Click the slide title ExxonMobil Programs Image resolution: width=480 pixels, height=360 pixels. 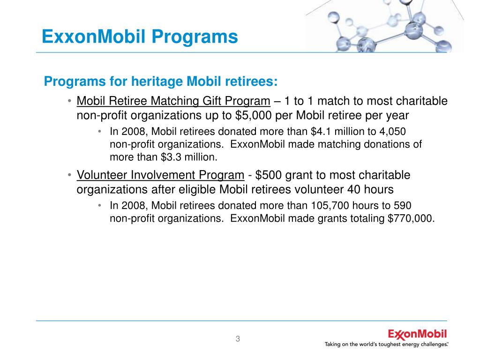tap(140, 37)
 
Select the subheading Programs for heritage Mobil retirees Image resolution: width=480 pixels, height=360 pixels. tap(161, 82)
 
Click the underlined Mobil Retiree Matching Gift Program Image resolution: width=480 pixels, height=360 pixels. tap(173, 101)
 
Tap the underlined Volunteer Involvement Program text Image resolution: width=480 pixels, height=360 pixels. tap(160, 175)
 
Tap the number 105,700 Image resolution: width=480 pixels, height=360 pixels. tap(326, 206)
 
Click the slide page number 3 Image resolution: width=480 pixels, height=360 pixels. tap(238, 339)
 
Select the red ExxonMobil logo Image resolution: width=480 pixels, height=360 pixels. tap(417, 335)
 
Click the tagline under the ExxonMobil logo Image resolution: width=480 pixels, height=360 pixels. tap(386, 345)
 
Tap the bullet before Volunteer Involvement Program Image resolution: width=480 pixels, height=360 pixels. tap(68, 175)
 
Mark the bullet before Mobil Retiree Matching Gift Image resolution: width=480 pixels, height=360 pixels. tap(68, 101)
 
